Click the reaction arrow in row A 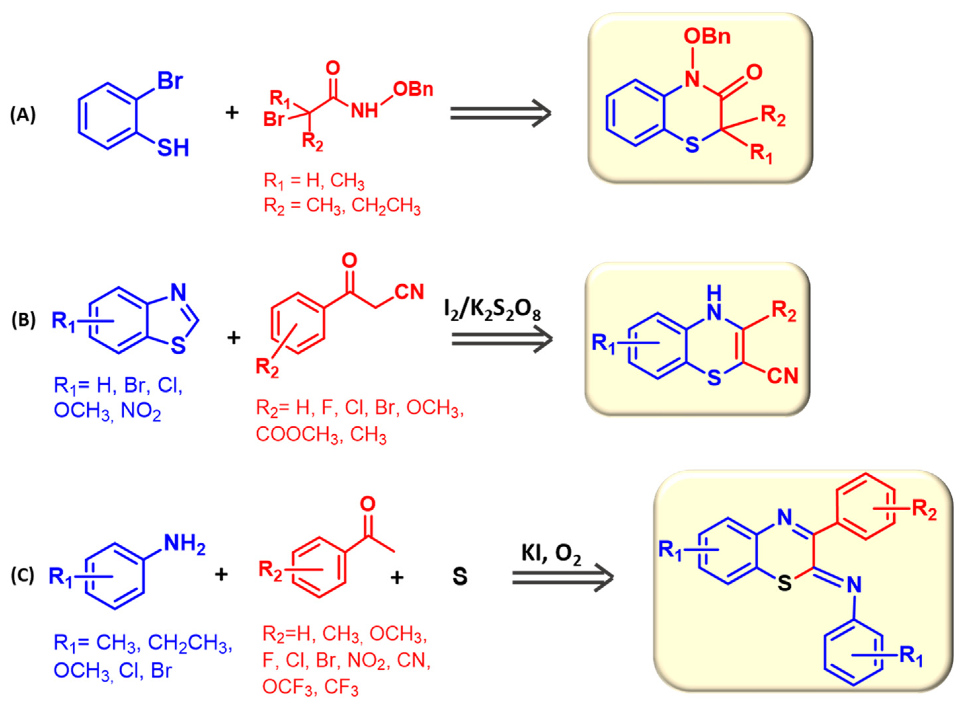click(500, 113)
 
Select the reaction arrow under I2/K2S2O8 click(502, 339)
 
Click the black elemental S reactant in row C click(460, 576)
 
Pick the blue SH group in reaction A click(173, 148)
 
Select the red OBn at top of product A click(707, 37)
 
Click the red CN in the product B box click(782, 376)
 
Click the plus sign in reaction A click(232, 113)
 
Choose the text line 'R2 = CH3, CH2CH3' click(342, 206)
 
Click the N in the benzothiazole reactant click(179, 292)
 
